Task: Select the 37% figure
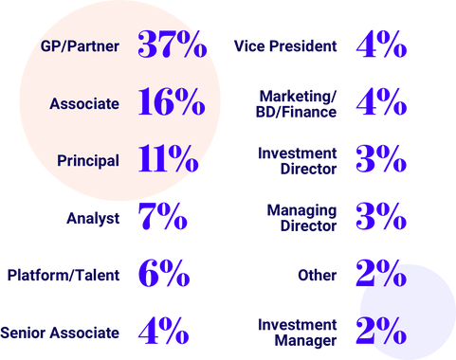point(172,45)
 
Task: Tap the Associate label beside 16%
point(85,102)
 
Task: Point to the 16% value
point(172,102)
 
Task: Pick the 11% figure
point(168,158)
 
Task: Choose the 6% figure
point(161,274)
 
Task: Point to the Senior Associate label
point(60,332)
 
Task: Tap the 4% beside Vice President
point(380,45)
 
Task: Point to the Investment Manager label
point(298,331)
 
